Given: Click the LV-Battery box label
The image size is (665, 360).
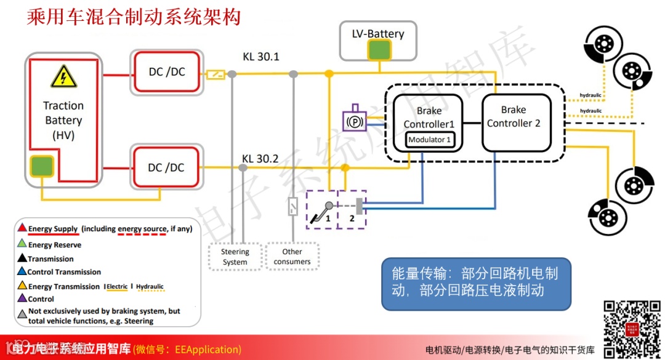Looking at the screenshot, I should (x=378, y=33).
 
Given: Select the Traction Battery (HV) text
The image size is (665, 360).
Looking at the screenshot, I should (x=63, y=120).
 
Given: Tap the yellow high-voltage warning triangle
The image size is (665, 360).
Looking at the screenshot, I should (x=63, y=78).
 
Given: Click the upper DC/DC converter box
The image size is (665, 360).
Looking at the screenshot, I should (x=167, y=72).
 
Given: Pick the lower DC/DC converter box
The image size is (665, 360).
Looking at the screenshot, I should (x=167, y=167).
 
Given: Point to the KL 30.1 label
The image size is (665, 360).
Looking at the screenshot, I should (x=261, y=57).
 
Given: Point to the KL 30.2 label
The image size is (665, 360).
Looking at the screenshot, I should (x=260, y=159).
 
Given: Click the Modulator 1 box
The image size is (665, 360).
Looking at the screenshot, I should (x=430, y=140).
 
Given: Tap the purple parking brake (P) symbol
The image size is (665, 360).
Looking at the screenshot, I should (x=355, y=121).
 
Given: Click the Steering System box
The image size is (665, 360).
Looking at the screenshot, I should (x=235, y=257).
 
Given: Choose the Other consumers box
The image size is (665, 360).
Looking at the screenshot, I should (x=292, y=257).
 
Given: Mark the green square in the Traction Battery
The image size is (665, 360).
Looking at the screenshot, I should (x=42, y=166).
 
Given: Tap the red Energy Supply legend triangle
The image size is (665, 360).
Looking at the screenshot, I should (x=22, y=228).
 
